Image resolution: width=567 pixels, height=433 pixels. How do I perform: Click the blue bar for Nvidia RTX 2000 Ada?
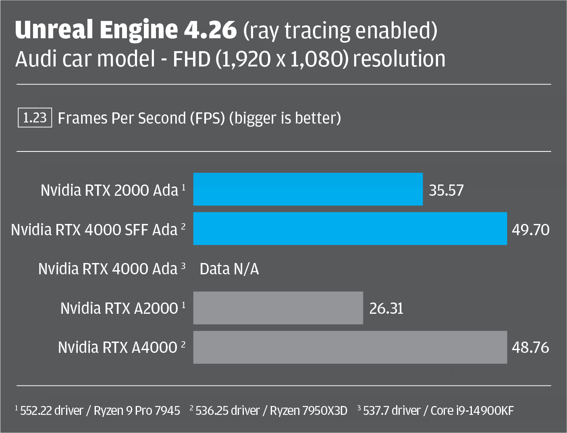[308, 189]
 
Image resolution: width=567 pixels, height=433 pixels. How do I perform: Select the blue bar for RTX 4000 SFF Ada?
[350, 228]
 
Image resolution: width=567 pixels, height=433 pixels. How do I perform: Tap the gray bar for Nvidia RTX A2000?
[278, 308]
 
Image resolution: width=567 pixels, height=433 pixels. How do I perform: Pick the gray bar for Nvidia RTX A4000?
[350, 347]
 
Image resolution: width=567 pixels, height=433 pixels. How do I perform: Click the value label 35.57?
[446, 190]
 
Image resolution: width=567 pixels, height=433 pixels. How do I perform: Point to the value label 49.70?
[530, 230]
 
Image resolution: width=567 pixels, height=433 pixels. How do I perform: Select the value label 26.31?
[386, 309]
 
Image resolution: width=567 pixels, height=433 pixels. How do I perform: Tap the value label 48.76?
[530, 347]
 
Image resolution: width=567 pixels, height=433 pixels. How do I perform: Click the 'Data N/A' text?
[229, 269]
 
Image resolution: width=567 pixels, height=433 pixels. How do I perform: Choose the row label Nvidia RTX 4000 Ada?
[108, 269]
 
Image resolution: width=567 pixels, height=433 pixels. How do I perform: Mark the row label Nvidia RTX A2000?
[119, 308]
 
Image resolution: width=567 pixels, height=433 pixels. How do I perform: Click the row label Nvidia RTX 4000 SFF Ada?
[94, 230]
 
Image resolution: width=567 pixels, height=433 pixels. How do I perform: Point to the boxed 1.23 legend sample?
[35, 118]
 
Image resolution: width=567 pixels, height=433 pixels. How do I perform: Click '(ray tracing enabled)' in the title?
[340, 31]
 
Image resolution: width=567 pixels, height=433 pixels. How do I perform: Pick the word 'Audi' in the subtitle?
[35, 59]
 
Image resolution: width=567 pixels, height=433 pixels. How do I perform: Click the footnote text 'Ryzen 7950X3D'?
[308, 410]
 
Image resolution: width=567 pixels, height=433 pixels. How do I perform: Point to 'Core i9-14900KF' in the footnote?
[472, 410]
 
